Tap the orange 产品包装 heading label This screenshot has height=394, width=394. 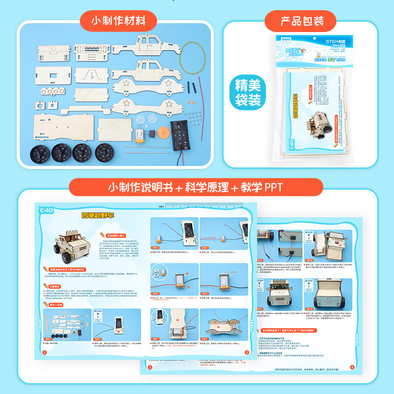point(301,21)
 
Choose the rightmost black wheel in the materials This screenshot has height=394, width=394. point(104,151)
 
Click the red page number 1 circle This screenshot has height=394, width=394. point(44,353)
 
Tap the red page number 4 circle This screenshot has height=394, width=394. point(352,366)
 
